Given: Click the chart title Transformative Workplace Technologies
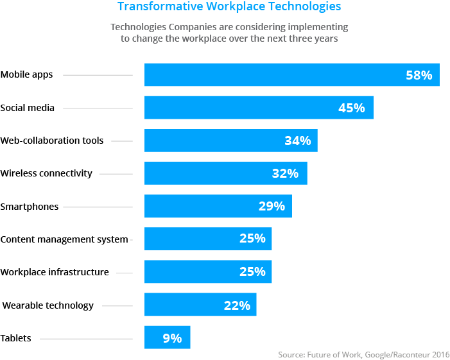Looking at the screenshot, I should click(x=229, y=7).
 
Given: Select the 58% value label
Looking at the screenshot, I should click(x=419, y=75).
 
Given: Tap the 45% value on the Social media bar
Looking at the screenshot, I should click(x=351, y=108).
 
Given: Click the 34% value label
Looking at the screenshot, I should click(x=297, y=141).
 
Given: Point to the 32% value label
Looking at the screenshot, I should click(x=285, y=173).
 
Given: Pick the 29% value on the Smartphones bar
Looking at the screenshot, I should click(x=271, y=206).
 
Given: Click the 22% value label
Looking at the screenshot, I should click(x=237, y=305).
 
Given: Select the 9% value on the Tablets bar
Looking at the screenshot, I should click(x=172, y=338).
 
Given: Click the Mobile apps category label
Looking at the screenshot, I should click(x=26, y=74).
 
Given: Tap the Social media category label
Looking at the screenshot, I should click(x=28, y=108).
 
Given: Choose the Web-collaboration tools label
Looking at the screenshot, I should click(x=51, y=141).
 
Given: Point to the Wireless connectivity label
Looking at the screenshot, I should click(x=46, y=173).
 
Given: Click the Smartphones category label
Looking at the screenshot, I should click(x=30, y=207).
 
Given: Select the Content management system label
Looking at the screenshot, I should click(x=64, y=239).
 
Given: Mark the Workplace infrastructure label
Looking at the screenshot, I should click(x=55, y=272).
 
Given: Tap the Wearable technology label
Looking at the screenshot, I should click(x=48, y=305).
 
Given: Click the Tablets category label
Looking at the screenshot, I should click(x=15, y=338).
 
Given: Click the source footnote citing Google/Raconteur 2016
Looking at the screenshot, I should click(x=363, y=354).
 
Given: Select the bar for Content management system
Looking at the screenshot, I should click(x=193, y=238).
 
